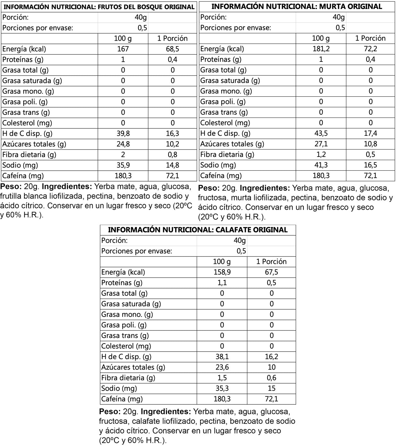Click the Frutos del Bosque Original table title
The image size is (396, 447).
click(99, 7)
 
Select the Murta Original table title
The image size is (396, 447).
click(297, 6)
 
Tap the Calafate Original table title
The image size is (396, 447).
click(198, 230)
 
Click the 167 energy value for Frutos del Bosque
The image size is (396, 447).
click(123, 49)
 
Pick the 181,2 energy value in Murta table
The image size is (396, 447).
click(321, 49)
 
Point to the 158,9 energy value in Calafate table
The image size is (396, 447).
click(222, 272)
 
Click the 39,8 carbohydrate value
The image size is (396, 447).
click(123, 134)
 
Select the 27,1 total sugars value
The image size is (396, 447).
click(321, 144)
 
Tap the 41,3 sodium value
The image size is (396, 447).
click(321, 165)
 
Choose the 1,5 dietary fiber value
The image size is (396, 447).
click(222, 378)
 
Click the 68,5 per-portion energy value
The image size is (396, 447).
click(172, 49)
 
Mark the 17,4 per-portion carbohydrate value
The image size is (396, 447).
click(370, 133)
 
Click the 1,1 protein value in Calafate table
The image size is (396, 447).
click(222, 282)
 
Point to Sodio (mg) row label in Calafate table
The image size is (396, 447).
click(119, 388)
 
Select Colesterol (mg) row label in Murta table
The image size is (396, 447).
click(225, 123)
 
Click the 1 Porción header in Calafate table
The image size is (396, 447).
click(271, 261)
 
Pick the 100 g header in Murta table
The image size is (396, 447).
click(321, 38)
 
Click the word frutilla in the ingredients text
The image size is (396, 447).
click(12, 196)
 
